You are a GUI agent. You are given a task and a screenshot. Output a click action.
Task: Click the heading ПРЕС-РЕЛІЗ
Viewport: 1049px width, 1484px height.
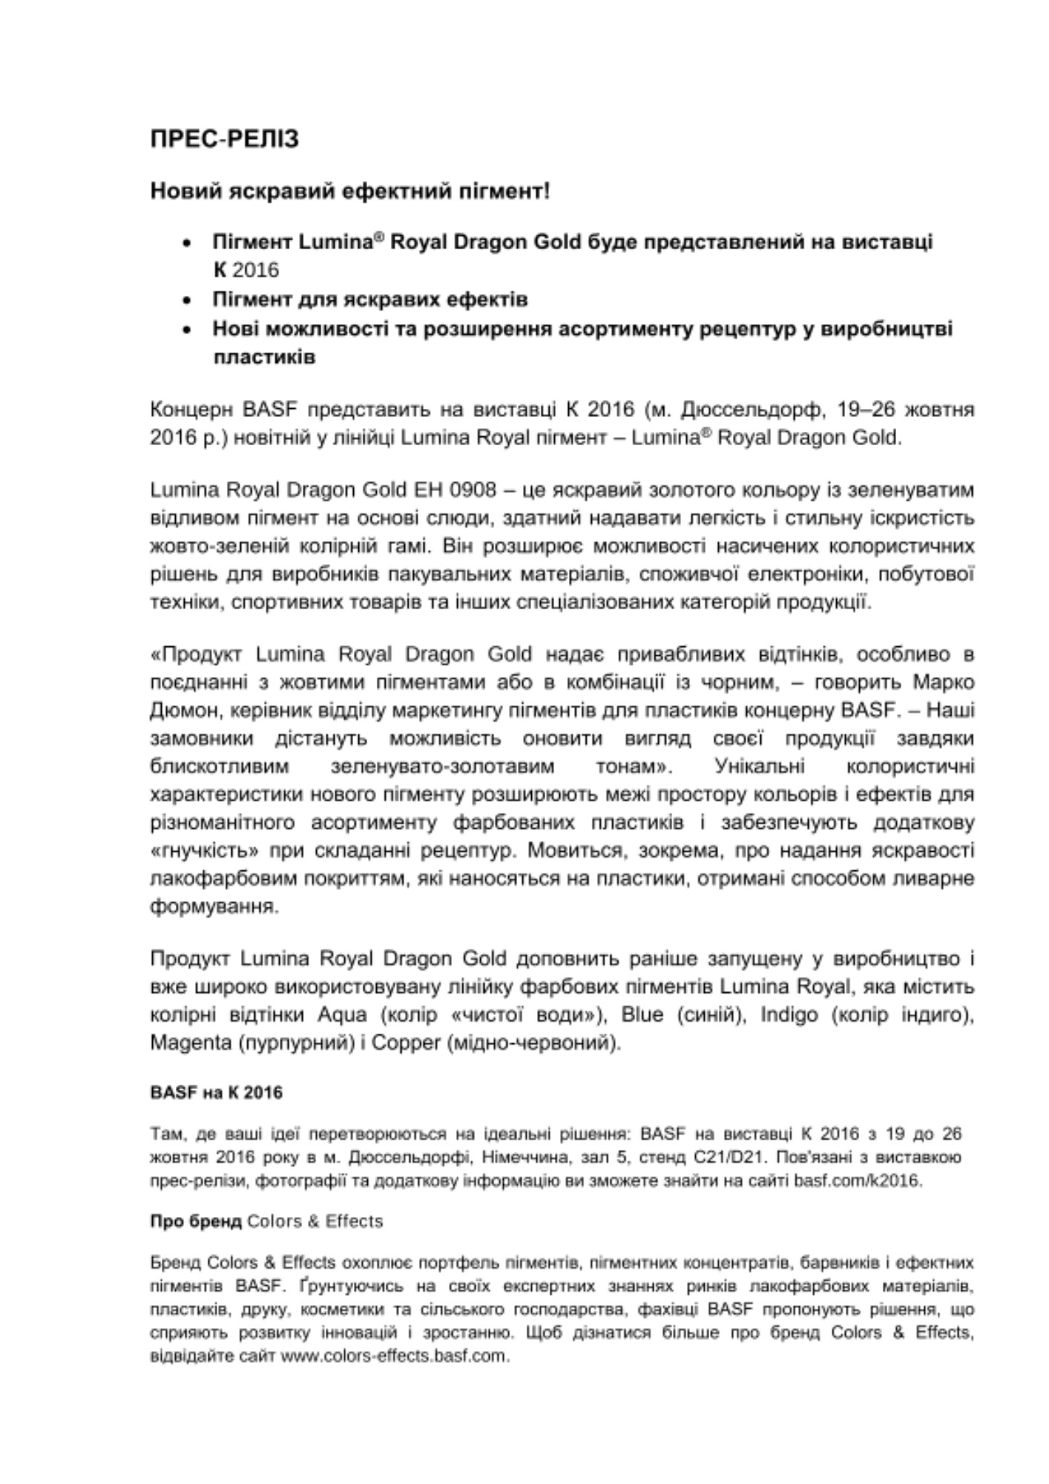224,139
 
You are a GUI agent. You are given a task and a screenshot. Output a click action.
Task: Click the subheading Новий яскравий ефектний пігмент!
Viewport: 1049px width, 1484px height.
349,191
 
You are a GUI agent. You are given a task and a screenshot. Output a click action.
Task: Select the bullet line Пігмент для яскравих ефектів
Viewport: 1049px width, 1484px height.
370,300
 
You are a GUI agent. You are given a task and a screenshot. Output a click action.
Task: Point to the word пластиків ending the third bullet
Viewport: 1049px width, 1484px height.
264,357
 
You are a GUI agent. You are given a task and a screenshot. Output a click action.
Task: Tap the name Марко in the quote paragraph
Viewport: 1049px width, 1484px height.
943,682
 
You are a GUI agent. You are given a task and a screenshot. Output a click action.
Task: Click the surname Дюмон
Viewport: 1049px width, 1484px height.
182,710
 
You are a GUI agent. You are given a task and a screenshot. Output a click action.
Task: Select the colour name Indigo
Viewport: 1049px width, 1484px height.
789,1014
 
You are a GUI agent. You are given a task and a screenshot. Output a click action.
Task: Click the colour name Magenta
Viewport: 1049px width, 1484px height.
191,1043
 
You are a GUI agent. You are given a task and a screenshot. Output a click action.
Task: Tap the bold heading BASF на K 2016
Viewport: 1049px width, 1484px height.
216,1092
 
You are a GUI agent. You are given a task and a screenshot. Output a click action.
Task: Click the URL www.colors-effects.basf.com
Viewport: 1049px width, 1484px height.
395,1356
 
